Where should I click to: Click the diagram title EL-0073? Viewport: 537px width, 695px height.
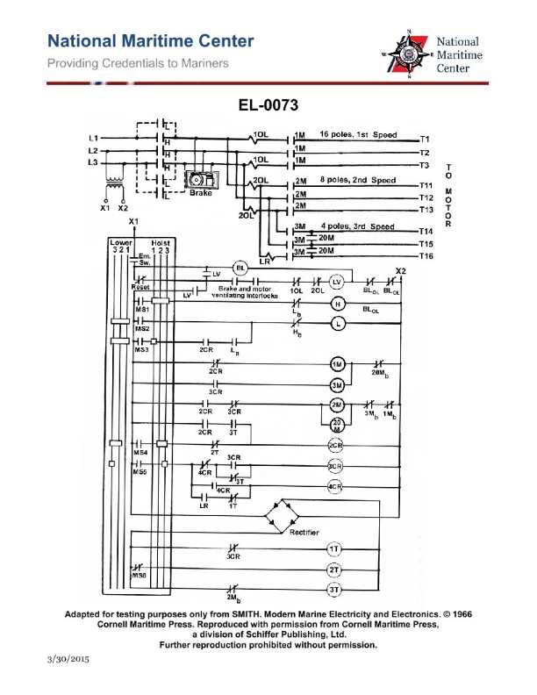[x=268, y=105]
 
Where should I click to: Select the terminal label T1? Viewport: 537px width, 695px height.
[x=424, y=140]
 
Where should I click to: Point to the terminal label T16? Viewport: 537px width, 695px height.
[x=426, y=255]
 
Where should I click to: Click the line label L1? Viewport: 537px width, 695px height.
[x=94, y=139]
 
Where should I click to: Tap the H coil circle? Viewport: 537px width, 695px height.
[x=334, y=304]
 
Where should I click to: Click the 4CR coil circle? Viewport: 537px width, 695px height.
[x=334, y=486]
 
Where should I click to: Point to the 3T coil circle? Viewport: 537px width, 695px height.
[x=333, y=591]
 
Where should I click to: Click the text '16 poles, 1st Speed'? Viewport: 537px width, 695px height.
[x=358, y=135]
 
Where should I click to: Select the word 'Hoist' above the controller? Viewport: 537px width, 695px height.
[x=161, y=241]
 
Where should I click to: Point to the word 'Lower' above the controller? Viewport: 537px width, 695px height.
[x=120, y=241]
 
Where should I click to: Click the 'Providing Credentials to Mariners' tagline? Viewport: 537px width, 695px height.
[x=138, y=63]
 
